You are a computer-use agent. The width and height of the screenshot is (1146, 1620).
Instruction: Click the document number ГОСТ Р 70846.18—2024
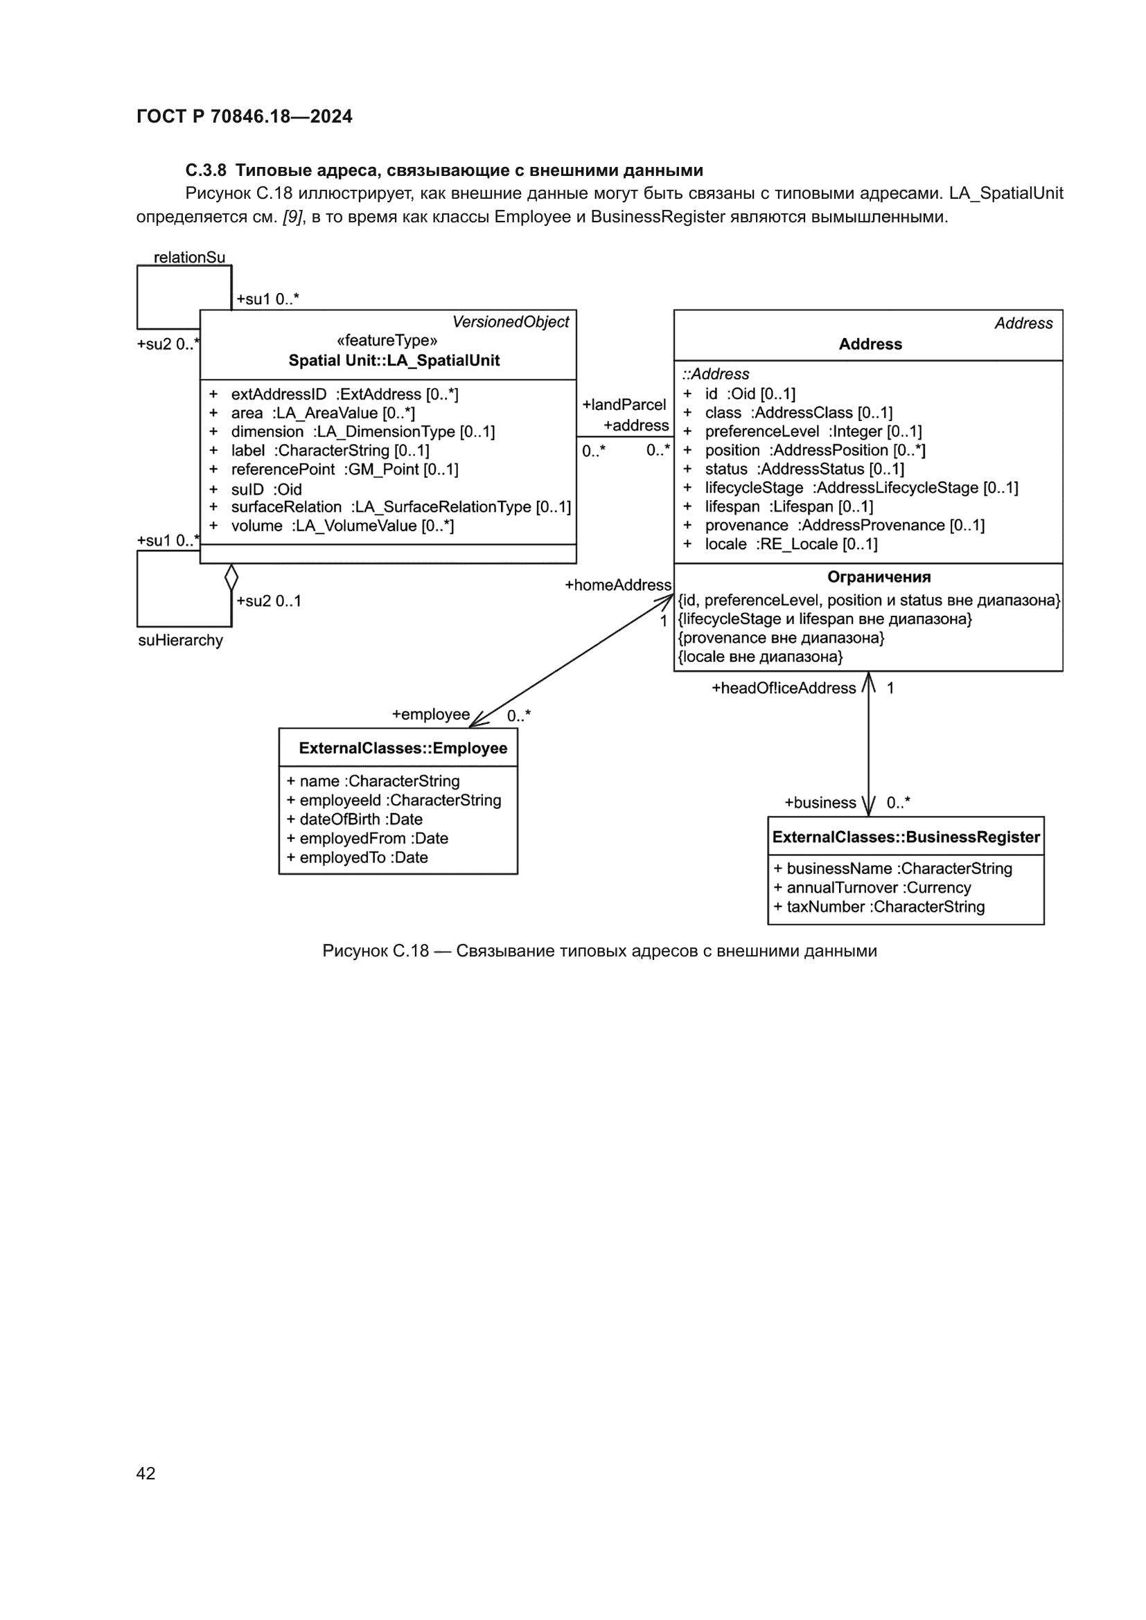[x=244, y=116]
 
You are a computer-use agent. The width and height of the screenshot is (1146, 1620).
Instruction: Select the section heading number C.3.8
[x=205, y=170]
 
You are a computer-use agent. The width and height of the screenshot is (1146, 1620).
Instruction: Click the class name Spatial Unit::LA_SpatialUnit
[x=394, y=361]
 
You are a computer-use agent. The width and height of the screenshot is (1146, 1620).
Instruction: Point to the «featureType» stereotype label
[x=387, y=341]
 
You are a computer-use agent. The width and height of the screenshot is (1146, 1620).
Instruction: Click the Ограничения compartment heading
[x=879, y=577]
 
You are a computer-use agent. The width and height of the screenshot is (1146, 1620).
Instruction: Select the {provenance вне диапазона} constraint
[x=780, y=638]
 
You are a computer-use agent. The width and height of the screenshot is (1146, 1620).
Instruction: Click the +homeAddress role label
[x=618, y=585]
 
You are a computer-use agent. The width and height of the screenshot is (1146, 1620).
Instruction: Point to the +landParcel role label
[x=624, y=405]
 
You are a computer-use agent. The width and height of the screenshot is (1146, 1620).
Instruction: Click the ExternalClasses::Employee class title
[x=403, y=748]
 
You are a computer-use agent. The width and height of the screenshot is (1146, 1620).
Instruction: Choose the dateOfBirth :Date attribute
[x=360, y=819]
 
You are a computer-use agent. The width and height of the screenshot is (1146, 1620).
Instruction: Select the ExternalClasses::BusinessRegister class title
[x=906, y=837]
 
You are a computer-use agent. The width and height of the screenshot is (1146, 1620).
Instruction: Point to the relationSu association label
[x=189, y=258]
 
